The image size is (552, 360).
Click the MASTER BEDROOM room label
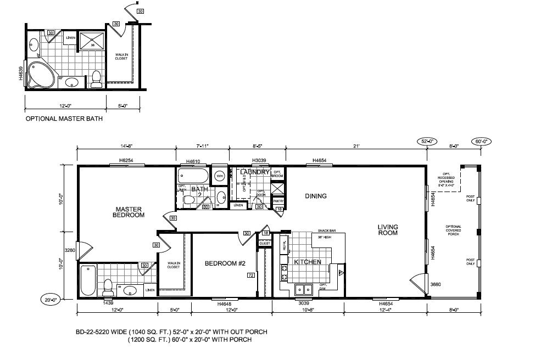coord(130,212)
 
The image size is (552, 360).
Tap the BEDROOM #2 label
coord(224,263)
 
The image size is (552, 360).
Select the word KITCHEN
coord(308,262)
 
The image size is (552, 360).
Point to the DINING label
coord(315,196)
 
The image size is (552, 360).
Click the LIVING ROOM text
coord(387,229)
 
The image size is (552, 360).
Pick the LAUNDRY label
coord(255,172)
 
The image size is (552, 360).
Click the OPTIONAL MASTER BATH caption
coord(64,118)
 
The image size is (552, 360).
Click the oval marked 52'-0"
coord(427,141)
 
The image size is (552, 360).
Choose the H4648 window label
coord(224,303)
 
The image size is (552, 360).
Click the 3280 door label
coord(69,250)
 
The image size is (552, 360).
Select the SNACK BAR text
coord(326,231)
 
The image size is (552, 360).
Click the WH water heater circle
coord(220,176)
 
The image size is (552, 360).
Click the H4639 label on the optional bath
coord(21,74)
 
